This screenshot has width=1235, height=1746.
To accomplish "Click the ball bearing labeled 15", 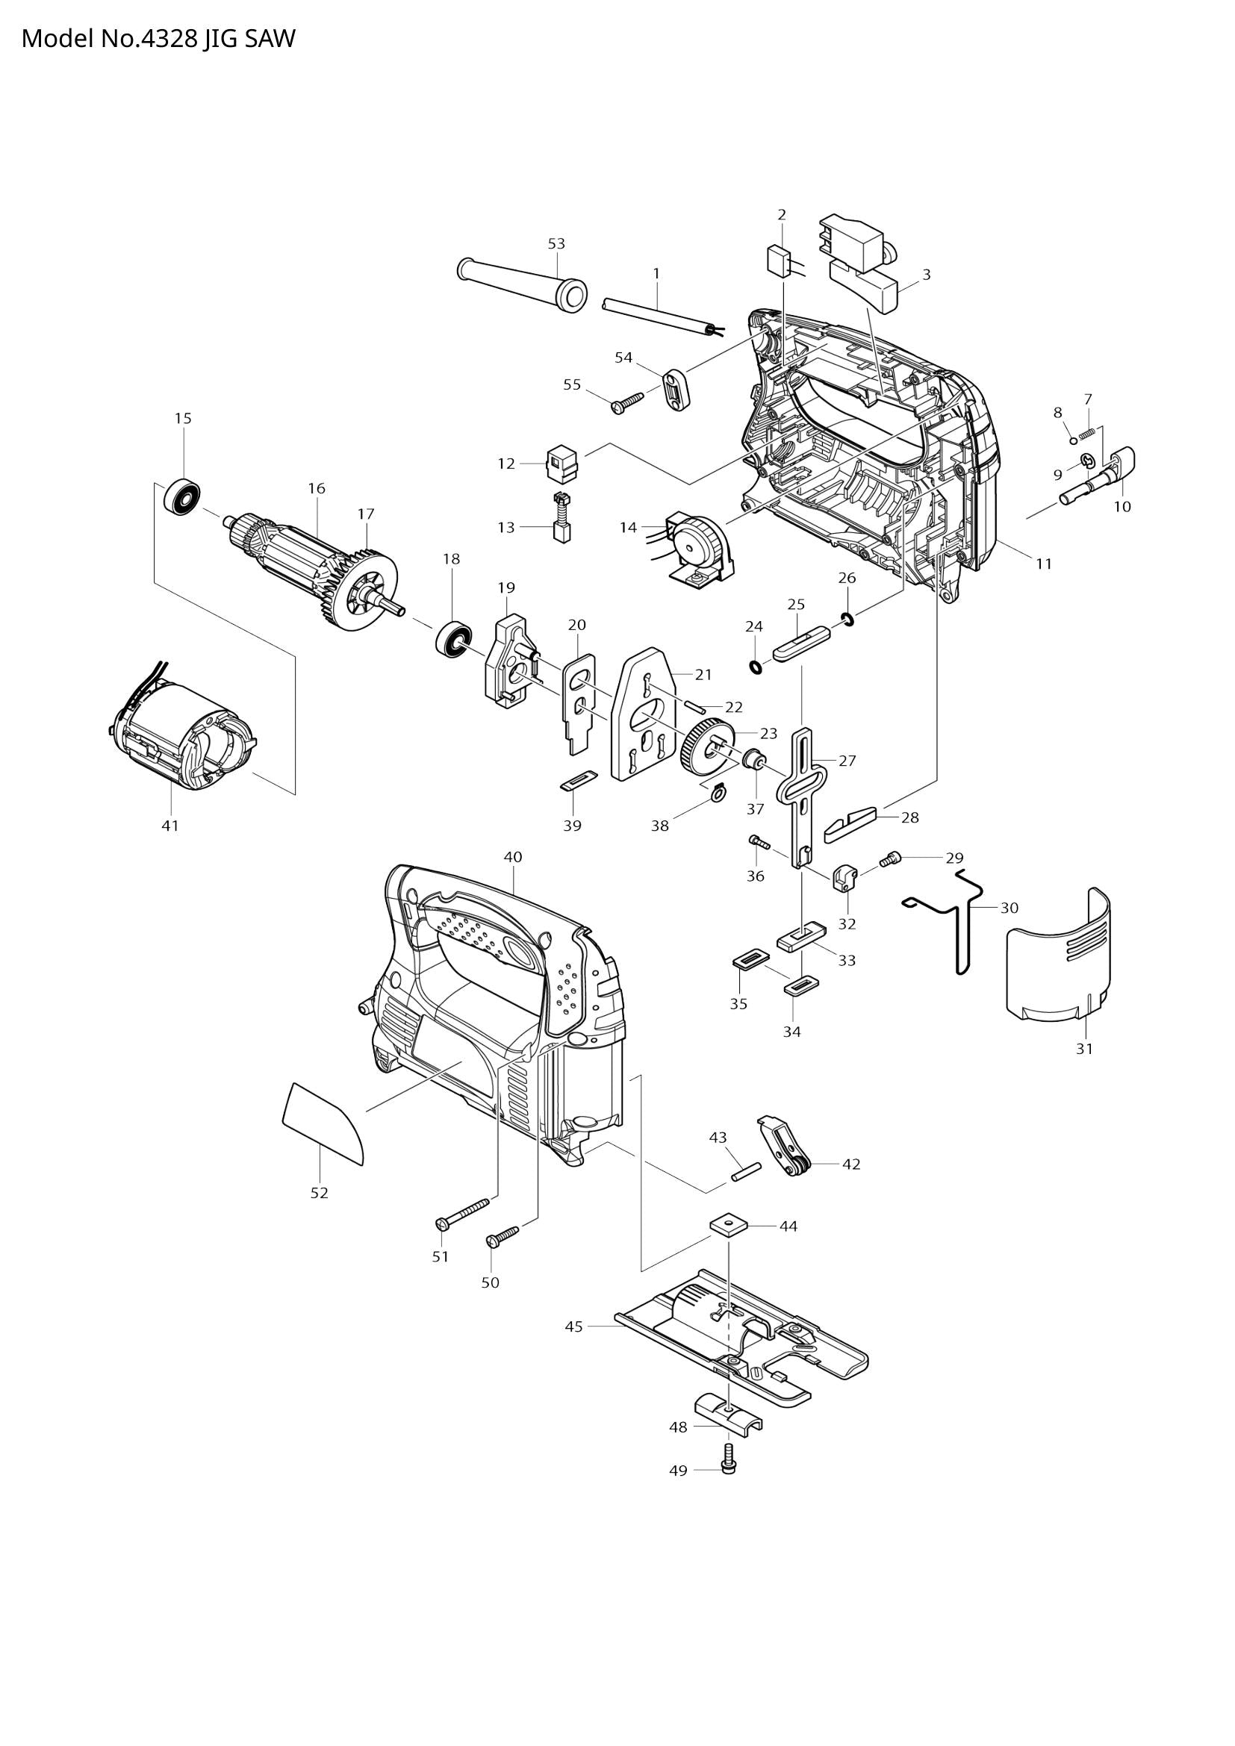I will point(182,499).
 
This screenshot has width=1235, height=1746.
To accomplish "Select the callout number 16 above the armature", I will point(317,488).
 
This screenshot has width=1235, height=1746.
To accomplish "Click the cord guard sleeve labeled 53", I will point(525,284).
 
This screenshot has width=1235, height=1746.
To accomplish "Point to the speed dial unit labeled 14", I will point(696,547).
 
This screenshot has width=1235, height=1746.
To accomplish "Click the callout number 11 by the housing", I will point(1043,564).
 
